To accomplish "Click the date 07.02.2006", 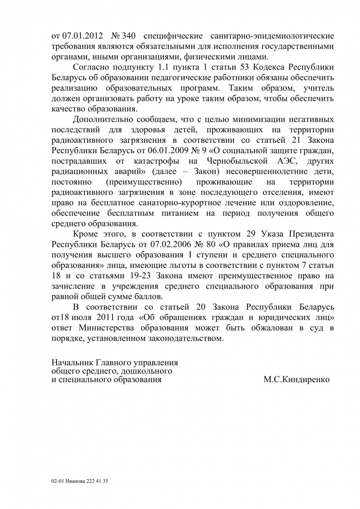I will click(151, 244).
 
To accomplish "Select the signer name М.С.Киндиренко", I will click(296, 379).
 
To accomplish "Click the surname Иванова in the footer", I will click(76, 481).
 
